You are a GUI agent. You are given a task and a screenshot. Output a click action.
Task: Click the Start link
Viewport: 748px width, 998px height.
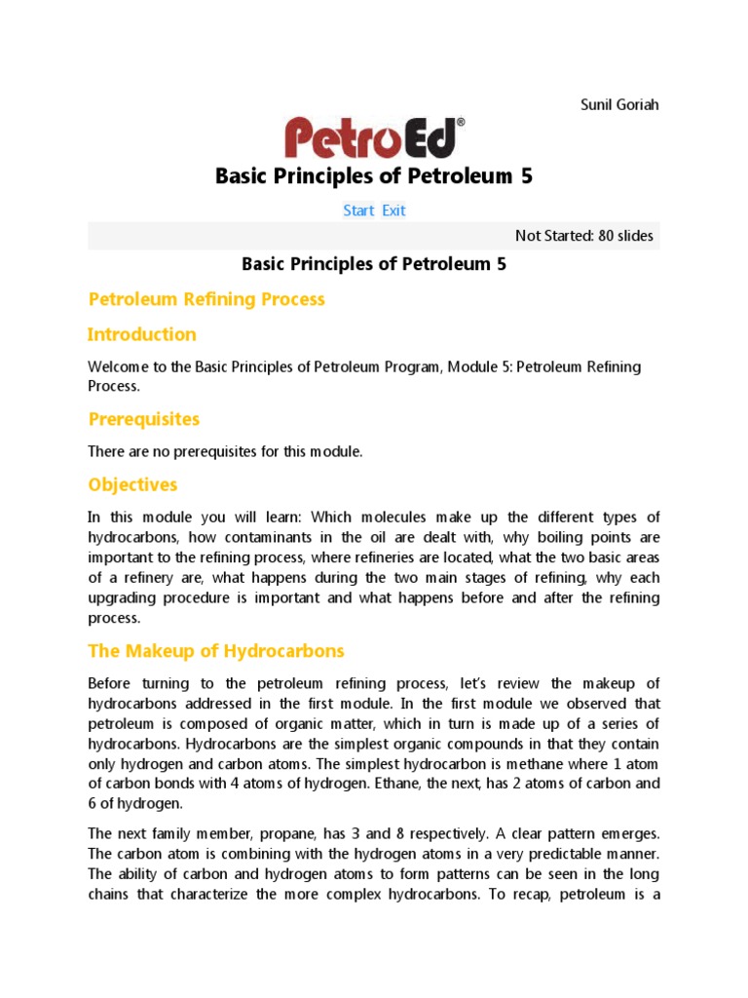click(x=358, y=211)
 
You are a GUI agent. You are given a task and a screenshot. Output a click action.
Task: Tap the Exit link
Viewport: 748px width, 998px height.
click(x=393, y=211)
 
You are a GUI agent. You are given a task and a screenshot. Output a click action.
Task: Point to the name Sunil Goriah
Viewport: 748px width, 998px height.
click(x=619, y=104)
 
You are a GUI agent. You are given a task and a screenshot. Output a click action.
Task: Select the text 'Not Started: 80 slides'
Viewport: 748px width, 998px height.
click(x=584, y=236)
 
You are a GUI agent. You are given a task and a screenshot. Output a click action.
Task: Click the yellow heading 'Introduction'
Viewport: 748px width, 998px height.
click(x=142, y=334)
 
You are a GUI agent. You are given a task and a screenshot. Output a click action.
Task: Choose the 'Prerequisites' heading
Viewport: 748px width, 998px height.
click(x=144, y=419)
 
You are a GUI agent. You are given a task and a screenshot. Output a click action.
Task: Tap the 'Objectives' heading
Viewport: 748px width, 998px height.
click(x=132, y=484)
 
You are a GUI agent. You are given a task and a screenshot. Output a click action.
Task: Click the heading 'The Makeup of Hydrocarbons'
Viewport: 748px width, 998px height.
click(x=216, y=650)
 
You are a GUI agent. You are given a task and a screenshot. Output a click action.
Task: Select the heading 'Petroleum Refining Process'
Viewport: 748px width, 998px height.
click(x=206, y=299)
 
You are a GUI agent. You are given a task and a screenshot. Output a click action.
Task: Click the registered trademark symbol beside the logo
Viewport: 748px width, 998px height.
click(x=461, y=123)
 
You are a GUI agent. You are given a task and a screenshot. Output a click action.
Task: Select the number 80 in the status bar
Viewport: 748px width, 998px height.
click(x=597, y=236)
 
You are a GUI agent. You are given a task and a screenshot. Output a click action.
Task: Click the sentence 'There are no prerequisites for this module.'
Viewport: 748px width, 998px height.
click(x=225, y=451)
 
